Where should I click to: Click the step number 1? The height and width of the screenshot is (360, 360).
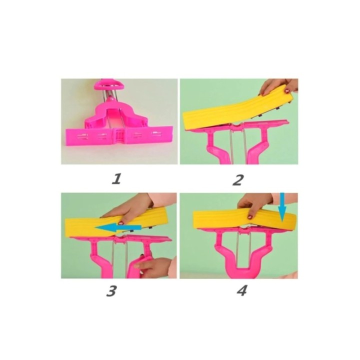116,179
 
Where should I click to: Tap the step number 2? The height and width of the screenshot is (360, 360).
237,180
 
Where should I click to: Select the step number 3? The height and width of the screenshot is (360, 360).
111,291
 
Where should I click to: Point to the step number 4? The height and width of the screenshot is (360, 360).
241,290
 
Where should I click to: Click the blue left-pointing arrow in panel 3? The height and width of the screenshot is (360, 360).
118,227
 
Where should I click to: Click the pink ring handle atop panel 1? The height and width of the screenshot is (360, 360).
109,85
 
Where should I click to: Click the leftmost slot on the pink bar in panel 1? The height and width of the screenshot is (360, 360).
82,136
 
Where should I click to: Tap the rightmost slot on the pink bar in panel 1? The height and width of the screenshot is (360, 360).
156,133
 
